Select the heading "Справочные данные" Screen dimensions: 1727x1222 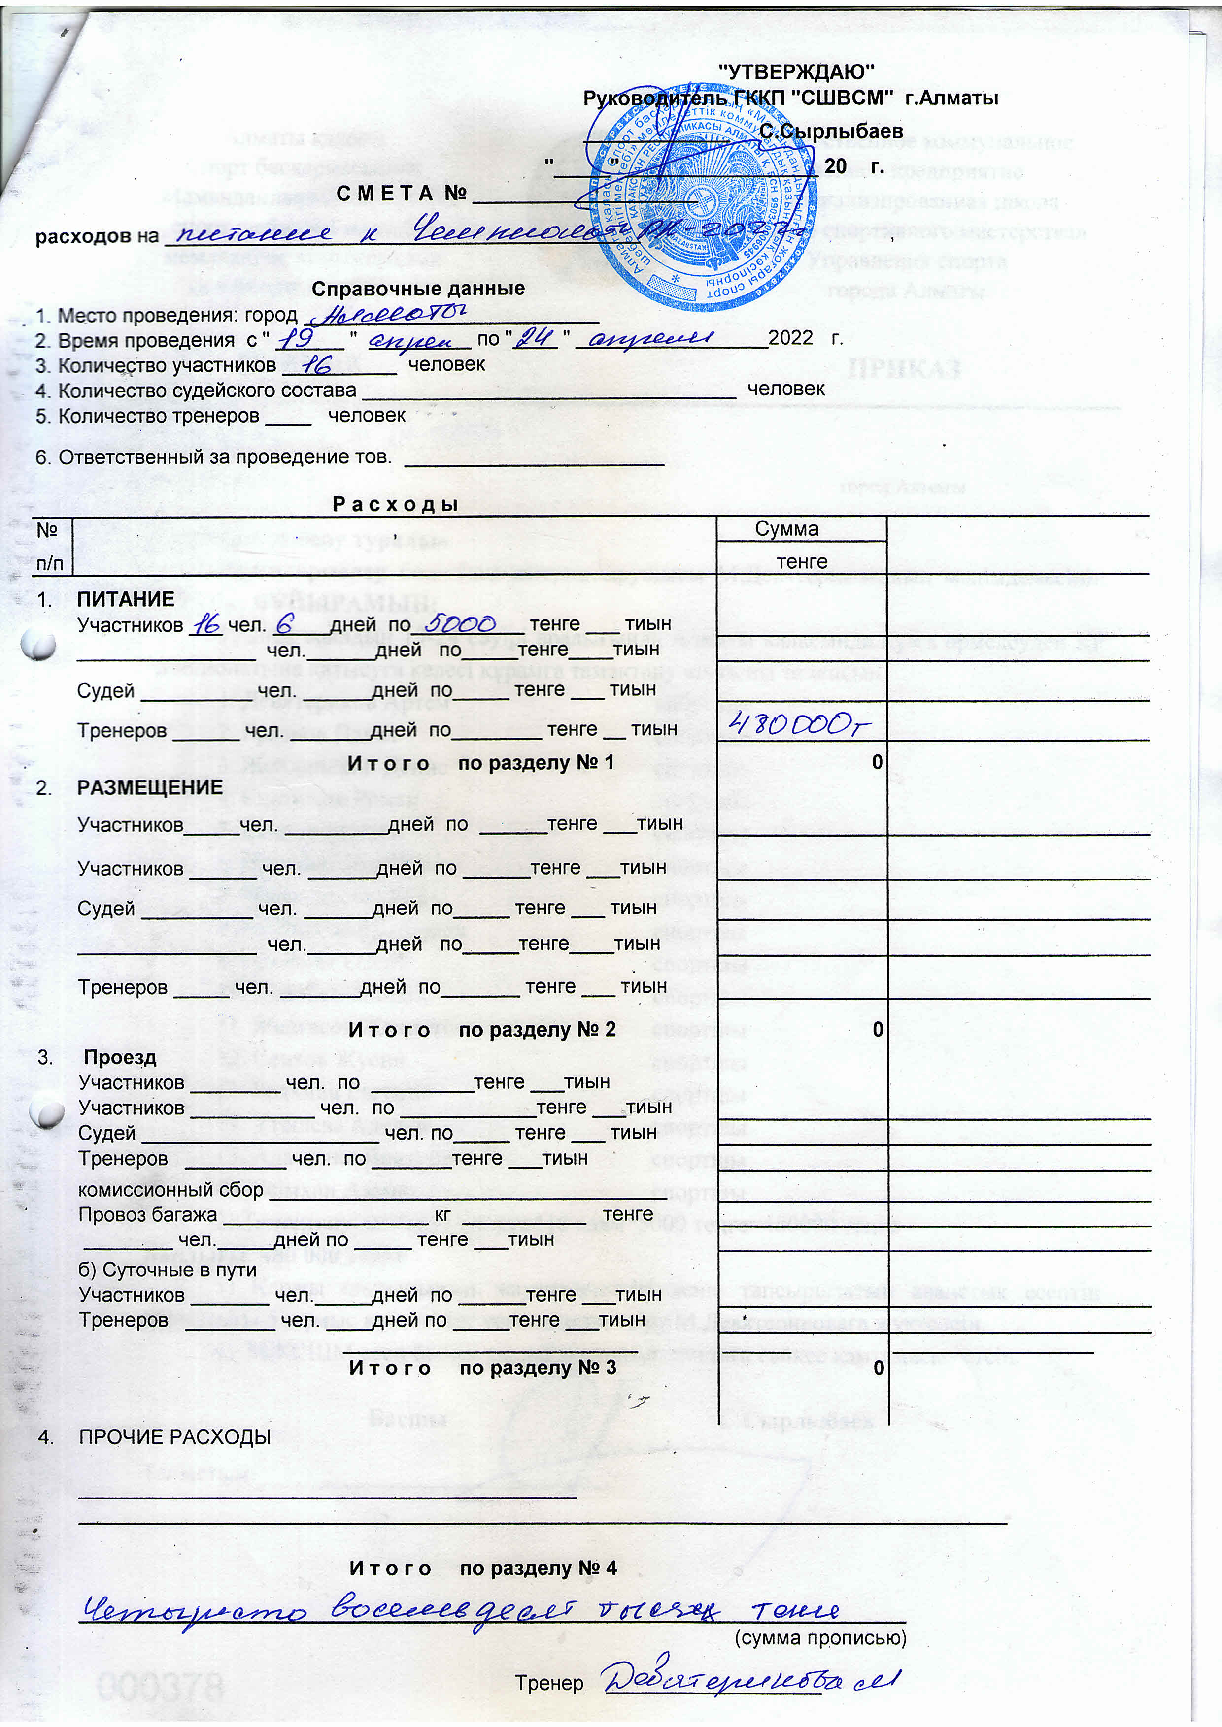click(x=418, y=289)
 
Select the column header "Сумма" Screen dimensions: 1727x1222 click(x=786, y=529)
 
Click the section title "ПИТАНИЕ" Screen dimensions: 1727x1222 click(x=126, y=599)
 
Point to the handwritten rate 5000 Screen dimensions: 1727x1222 click(x=460, y=623)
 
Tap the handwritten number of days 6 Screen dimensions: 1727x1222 click(x=284, y=623)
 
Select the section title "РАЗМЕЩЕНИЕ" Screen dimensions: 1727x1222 click(x=150, y=787)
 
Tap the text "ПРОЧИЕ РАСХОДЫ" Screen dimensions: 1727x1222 click(x=174, y=1437)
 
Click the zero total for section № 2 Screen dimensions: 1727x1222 click(x=878, y=1029)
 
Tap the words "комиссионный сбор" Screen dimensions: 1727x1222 click(x=171, y=1190)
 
